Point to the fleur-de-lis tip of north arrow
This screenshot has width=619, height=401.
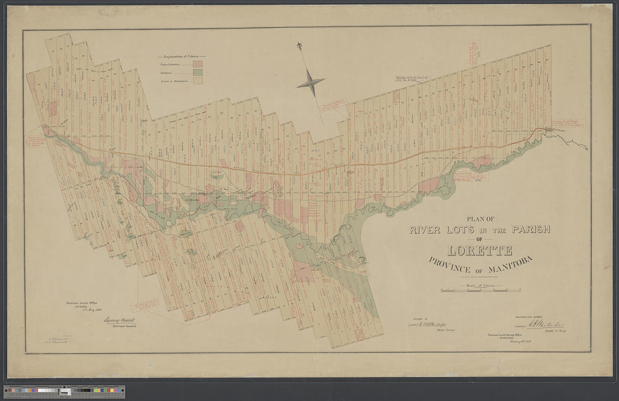pyautogui.click(x=299, y=45)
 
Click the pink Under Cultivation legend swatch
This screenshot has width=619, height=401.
pyautogui.click(x=197, y=62)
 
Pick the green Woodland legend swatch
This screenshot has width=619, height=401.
pyautogui.click(x=197, y=72)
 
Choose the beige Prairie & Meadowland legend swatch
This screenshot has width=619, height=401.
pyautogui.click(x=197, y=81)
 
